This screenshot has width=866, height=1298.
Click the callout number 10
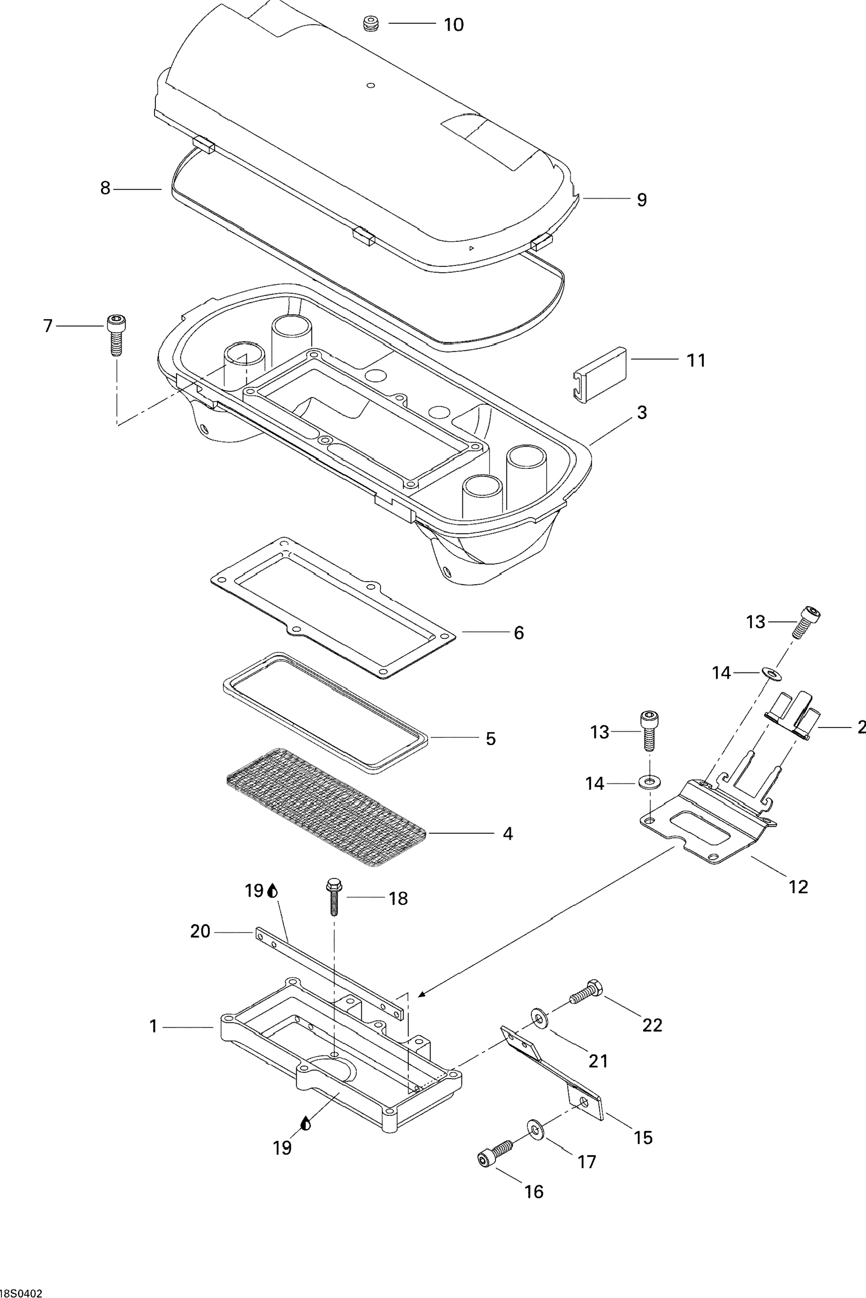click(454, 24)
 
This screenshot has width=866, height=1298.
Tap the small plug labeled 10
click(371, 24)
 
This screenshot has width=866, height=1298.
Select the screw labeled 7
click(115, 334)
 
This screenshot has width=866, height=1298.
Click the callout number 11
click(696, 361)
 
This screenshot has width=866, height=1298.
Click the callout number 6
click(519, 633)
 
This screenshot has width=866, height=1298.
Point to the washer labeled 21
click(539, 1017)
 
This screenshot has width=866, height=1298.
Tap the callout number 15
click(643, 1137)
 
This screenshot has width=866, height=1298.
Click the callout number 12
click(799, 887)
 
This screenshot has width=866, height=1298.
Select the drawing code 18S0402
click(21, 1293)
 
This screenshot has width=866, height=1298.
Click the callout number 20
click(200, 932)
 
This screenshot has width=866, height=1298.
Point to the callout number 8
click(106, 188)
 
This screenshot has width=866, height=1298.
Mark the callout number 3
click(642, 412)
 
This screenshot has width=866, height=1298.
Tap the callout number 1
click(154, 1026)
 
